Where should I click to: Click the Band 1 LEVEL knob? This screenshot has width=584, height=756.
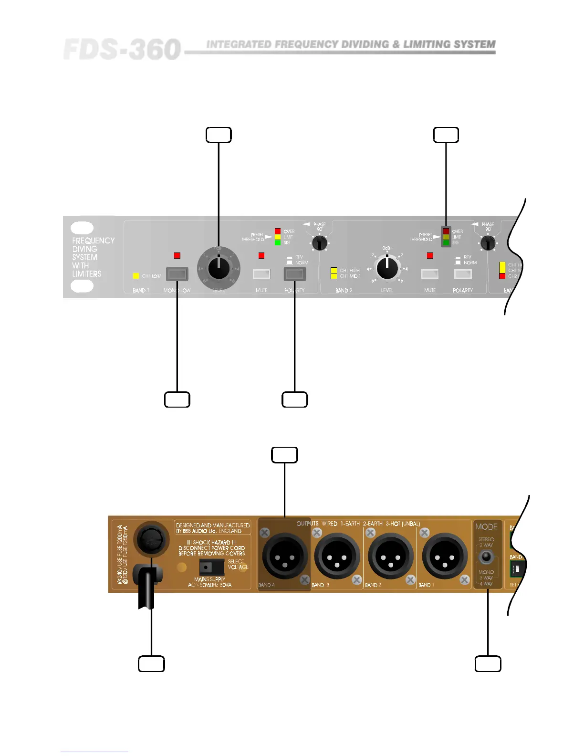219,269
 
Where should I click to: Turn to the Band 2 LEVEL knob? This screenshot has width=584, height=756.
387,268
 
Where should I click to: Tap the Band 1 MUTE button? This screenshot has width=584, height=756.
261,274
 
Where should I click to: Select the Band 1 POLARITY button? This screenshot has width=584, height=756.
294,274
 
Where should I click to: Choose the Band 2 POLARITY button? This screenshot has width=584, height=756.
463,274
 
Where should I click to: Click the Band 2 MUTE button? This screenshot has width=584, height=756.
429,274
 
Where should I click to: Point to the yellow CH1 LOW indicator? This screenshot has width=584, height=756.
136,276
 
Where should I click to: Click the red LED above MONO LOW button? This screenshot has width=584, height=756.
177,256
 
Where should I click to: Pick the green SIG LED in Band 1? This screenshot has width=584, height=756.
278,242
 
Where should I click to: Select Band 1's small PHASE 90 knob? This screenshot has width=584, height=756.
319,244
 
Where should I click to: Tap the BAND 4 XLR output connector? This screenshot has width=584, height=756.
284,556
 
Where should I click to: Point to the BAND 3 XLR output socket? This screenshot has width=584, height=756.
338,556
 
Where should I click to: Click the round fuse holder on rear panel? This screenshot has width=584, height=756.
151,540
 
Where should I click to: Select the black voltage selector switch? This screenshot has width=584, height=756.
211,567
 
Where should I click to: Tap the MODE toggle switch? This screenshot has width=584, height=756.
486,557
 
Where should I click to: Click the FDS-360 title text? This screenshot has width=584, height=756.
122,50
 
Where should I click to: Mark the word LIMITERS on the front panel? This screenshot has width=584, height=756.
87,274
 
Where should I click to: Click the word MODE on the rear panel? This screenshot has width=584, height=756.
486,526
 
